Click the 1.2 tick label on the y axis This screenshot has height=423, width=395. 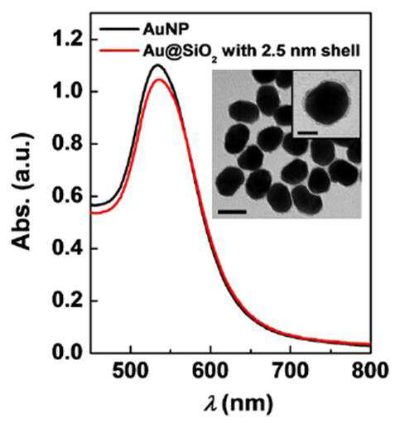pyautogui.click(x=68, y=39)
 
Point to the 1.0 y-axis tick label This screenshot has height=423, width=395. pyautogui.click(x=68, y=92)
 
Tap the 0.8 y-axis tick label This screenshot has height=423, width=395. pyautogui.click(x=68, y=144)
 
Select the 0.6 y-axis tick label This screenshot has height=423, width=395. pyautogui.click(x=68, y=196)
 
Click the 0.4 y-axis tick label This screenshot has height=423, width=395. pyautogui.click(x=68, y=248)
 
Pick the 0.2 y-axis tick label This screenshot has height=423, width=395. pyautogui.click(x=68, y=300)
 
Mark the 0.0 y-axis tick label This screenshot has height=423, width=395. pyautogui.click(x=68, y=353)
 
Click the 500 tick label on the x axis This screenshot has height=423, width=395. pyautogui.click(x=130, y=371)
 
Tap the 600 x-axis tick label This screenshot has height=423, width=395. pyautogui.click(x=210, y=371)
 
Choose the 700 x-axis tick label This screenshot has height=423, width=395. pyautogui.click(x=291, y=371)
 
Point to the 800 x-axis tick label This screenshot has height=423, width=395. pyautogui.click(x=370, y=371)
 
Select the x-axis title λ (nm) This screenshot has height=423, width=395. pyautogui.click(x=238, y=404)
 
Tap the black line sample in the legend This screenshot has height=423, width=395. pyautogui.click(x=118, y=29)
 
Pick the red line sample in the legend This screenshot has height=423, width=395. pyautogui.click(x=118, y=50)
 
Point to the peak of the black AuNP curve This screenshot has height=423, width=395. pyautogui.click(x=158, y=65)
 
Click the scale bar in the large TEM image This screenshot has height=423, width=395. pyautogui.click(x=232, y=212)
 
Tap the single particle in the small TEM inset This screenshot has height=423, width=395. pyautogui.click(x=327, y=103)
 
